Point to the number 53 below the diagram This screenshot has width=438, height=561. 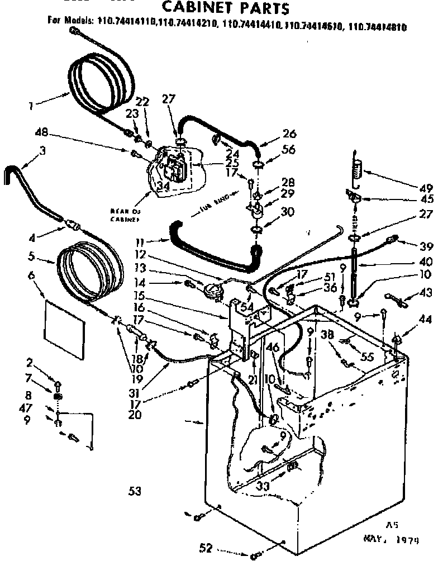click(x=134, y=492)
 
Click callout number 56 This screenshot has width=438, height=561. click(x=288, y=149)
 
